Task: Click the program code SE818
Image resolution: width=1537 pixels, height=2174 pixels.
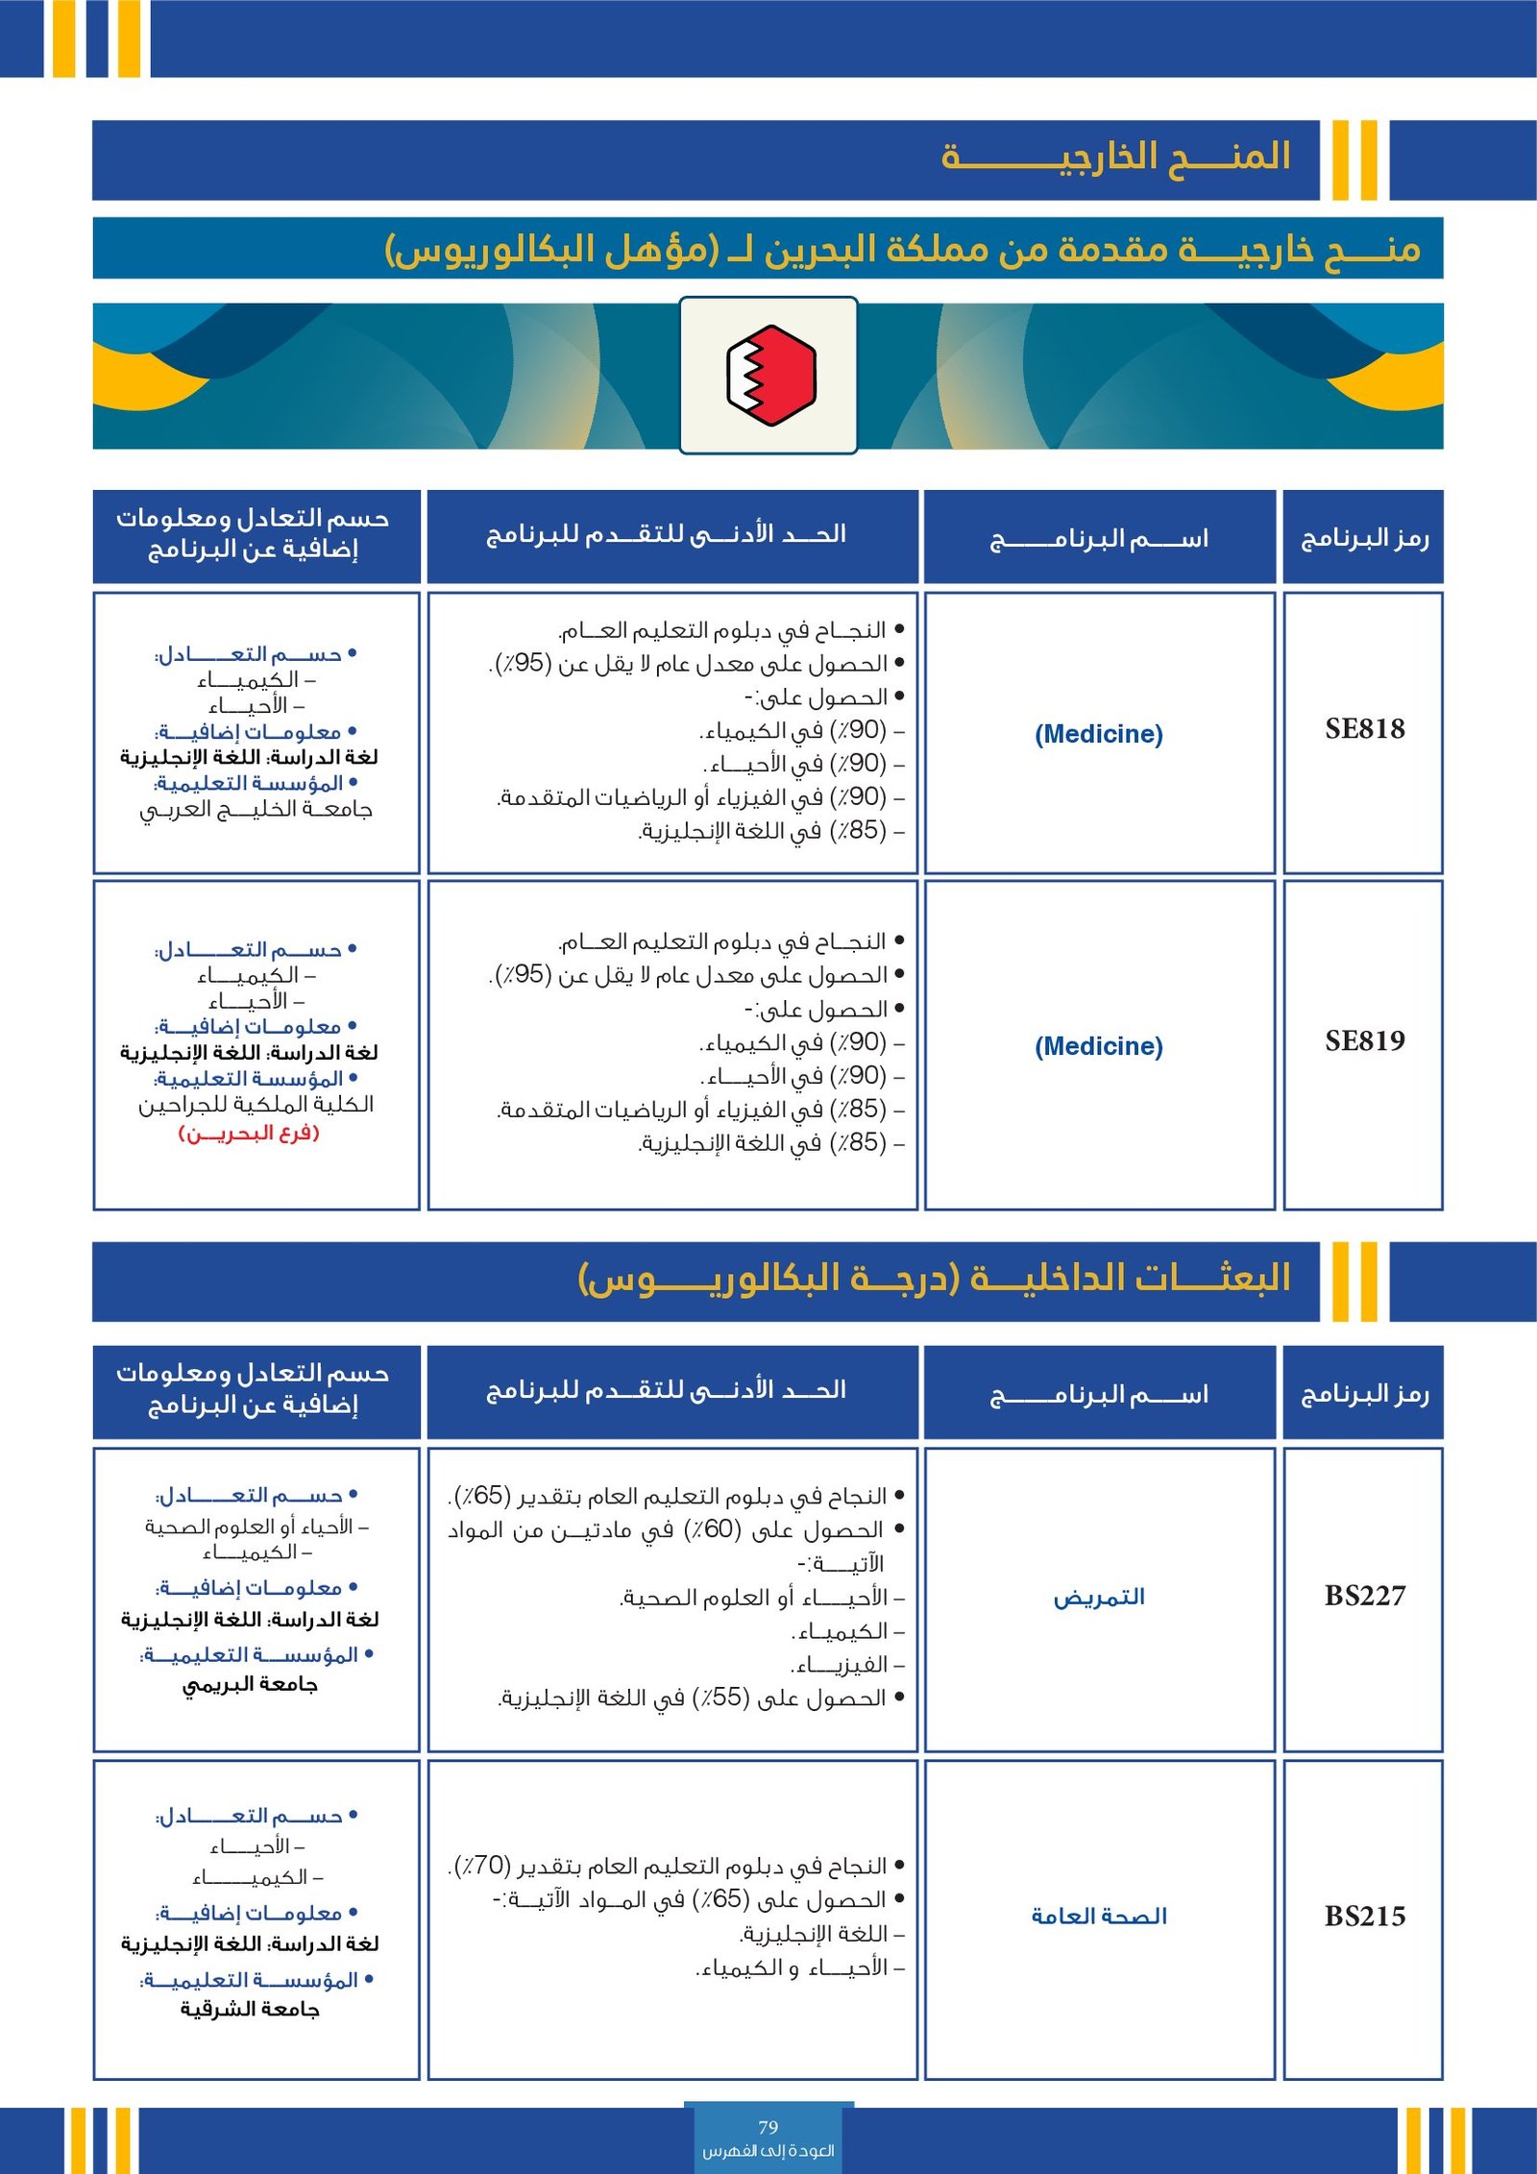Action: pos(1364,729)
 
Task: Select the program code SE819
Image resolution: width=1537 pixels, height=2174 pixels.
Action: pos(1364,1041)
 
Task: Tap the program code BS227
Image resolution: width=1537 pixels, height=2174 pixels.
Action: pos(1364,1597)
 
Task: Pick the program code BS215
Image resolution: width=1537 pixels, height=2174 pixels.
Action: pos(1364,1917)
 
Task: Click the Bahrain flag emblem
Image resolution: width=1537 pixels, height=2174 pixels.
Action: pos(769,375)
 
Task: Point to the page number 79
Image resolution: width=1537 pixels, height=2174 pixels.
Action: pos(768,2127)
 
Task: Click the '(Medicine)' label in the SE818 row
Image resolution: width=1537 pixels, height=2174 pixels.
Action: pos(1098,735)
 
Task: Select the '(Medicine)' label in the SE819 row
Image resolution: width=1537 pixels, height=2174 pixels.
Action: pos(1098,1046)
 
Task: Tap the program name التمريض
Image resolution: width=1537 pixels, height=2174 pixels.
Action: pos(1099,1598)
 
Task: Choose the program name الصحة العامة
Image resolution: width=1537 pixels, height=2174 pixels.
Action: pos(1099,1917)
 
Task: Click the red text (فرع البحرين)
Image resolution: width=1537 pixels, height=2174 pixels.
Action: pos(249,1134)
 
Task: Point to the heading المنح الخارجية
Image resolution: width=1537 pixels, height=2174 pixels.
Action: pos(1115,157)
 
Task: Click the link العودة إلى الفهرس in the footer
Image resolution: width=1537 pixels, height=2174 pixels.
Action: pos(768,2151)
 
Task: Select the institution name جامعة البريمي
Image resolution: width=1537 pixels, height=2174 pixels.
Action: pos(251,1685)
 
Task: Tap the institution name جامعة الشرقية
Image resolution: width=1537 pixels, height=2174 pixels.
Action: pos(251,2010)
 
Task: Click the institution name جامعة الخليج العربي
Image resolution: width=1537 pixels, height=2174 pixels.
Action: pos(256,810)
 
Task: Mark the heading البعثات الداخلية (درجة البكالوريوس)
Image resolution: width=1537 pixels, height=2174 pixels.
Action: pos(934,1279)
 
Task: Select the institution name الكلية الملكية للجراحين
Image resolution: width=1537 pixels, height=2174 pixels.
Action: pos(256,1105)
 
